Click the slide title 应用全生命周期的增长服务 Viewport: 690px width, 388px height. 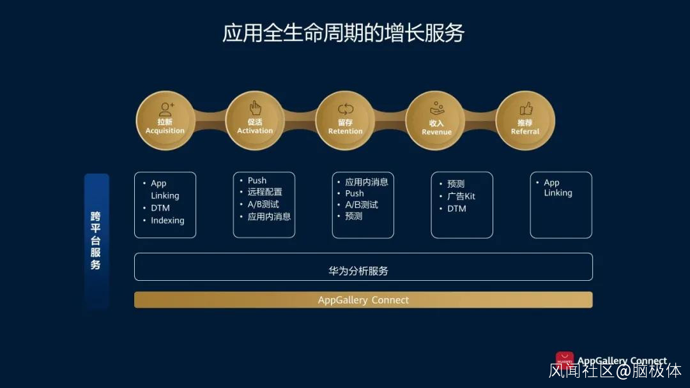343,33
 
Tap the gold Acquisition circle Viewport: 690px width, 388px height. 165,121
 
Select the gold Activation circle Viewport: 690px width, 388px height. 255,121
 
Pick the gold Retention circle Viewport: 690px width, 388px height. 346,121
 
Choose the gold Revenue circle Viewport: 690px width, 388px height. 436,121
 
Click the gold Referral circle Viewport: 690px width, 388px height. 525,121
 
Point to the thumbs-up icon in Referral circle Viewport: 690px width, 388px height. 526,108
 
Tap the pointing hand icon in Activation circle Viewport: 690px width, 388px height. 255,108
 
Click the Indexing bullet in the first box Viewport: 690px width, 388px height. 167,220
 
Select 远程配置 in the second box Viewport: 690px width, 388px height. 265,192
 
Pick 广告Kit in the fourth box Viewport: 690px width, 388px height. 461,196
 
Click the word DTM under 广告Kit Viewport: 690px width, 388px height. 457,209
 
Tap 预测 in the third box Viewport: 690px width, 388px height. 354,216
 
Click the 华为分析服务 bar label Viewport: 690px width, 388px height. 358,271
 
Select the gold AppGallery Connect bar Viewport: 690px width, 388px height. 364,300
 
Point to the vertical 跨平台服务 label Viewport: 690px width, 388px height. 96,241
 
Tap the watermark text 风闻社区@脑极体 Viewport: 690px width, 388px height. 615,370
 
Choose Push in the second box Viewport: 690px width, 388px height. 257,181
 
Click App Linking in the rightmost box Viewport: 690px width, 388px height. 558,188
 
